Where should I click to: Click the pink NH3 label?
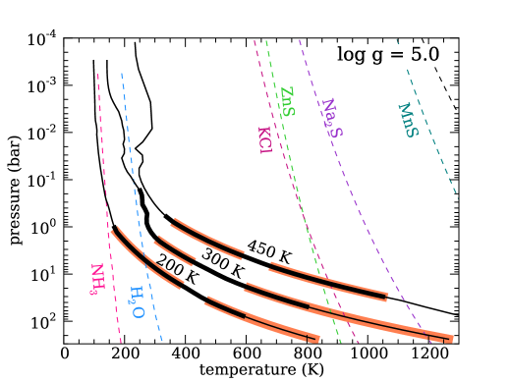[x=96, y=279]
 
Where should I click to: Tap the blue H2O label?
[x=138, y=302]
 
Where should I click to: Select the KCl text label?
[x=264, y=139]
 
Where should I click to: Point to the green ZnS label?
[x=287, y=101]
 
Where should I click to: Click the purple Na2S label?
[x=331, y=118]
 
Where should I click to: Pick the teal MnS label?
[x=407, y=120]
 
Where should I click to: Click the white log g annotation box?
[x=388, y=55]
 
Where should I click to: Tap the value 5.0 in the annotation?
[x=425, y=55]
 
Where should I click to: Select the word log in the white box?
[x=351, y=56]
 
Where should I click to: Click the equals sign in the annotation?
[x=400, y=55]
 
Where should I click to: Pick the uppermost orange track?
[x=206, y=236]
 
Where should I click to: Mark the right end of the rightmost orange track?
[x=451, y=339]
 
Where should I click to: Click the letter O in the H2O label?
[x=139, y=312]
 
